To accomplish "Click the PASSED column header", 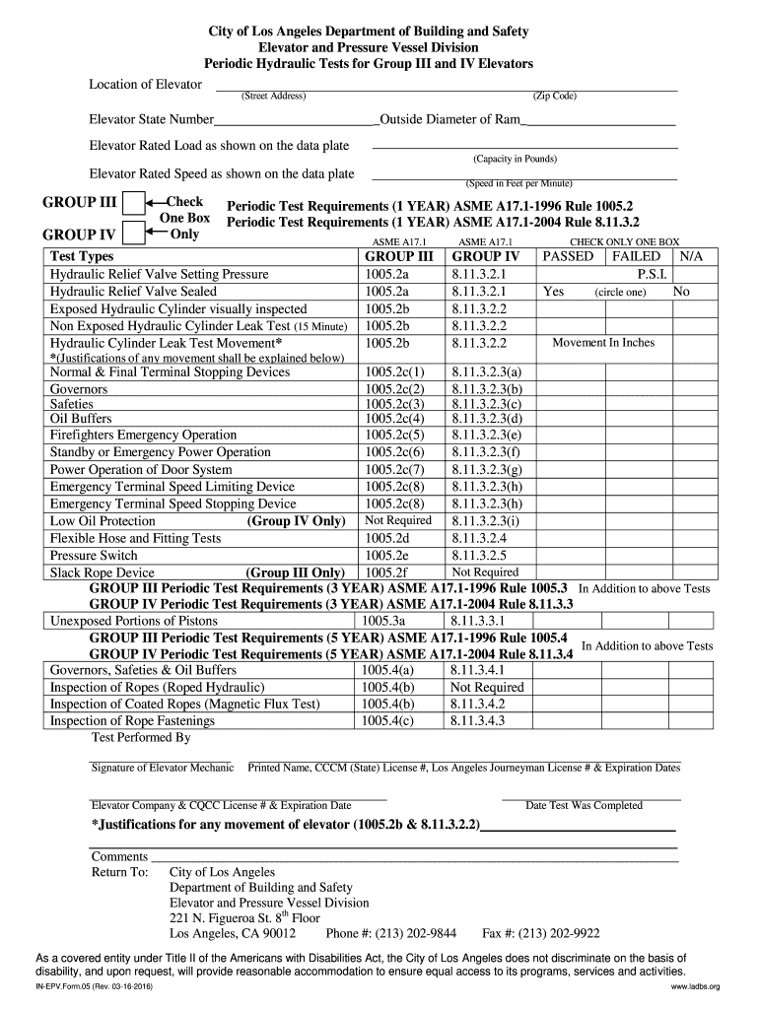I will click(569, 256).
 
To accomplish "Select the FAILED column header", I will click(637, 256).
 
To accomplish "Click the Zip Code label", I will click(555, 96).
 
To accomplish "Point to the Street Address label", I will click(274, 96).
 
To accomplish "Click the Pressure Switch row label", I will click(96, 556).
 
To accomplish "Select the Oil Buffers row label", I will click(81, 418).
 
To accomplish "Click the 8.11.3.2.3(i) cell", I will click(485, 520).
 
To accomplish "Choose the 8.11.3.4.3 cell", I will click(477, 721).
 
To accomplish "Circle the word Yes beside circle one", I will click(553, 292).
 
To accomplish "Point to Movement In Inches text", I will click(603, 343).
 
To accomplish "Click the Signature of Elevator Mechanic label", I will click(162, 768).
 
